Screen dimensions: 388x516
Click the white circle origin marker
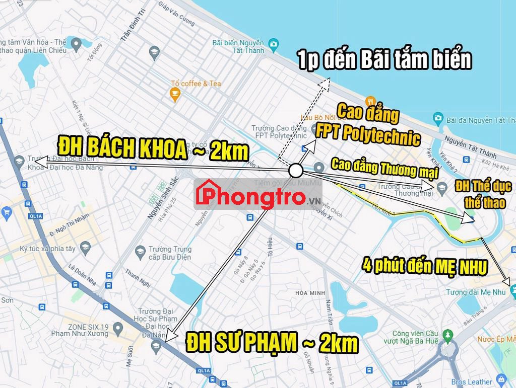296,171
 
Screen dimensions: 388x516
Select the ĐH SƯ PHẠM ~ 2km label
272,343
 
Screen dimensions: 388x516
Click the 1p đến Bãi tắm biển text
384,60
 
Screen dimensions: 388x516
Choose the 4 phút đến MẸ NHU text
425,266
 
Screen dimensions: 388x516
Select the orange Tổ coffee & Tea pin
175,94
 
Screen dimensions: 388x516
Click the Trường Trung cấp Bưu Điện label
169,253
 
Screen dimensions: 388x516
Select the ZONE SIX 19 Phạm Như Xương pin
118,329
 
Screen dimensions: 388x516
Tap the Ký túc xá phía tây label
47,249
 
